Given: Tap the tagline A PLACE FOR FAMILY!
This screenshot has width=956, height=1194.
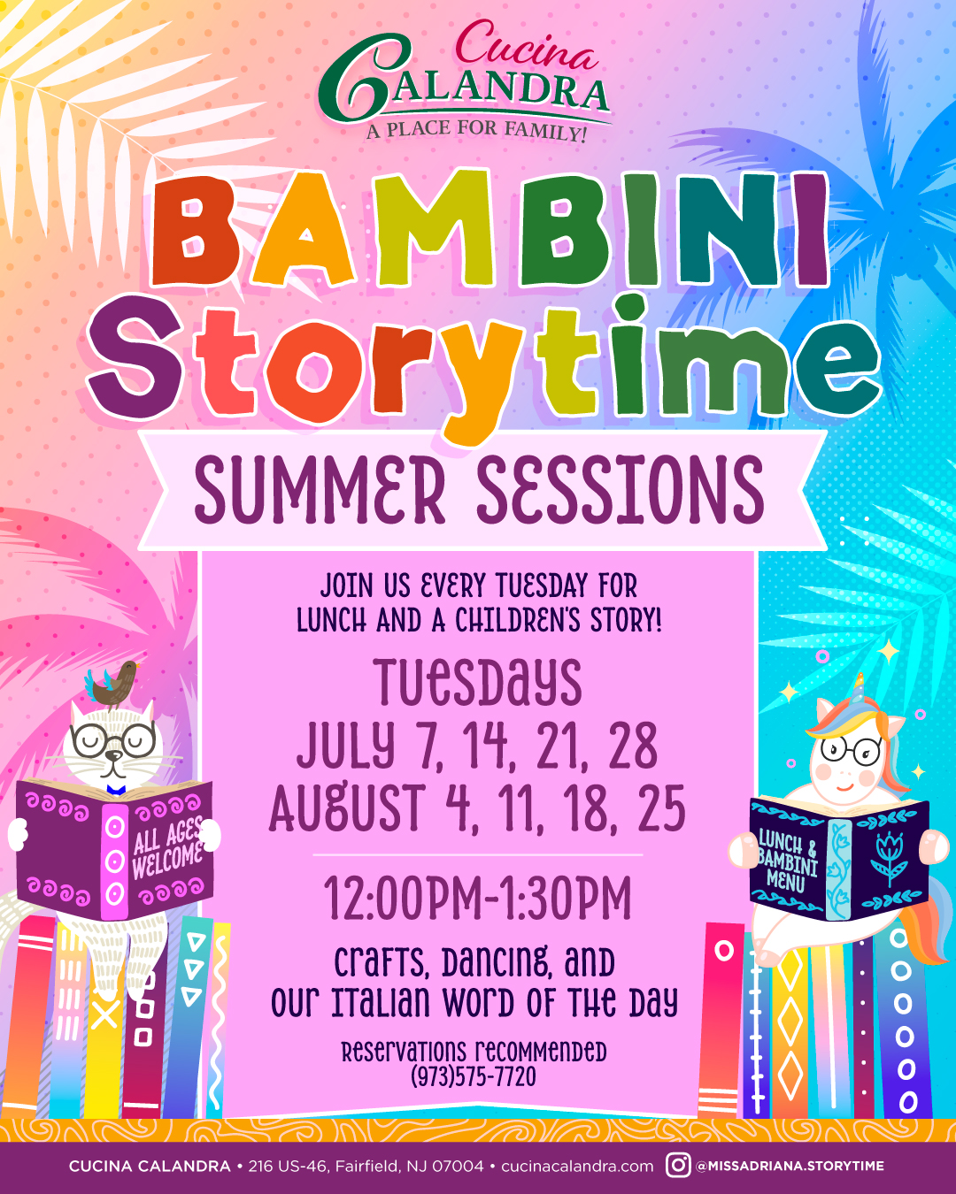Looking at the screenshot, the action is tap(476, 132).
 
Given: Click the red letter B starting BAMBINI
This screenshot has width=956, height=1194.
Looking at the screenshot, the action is tap(195, 232).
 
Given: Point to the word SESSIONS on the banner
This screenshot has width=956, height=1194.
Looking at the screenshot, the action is tap(621, 490).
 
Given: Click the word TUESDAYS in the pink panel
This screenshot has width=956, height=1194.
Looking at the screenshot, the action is tap(478, 683).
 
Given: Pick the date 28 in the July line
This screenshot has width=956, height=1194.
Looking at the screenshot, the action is tap(633, 746).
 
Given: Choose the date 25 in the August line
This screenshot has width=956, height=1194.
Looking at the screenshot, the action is tap(661, 807).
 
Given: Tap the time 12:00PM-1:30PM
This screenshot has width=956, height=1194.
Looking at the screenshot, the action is tap(478, 899).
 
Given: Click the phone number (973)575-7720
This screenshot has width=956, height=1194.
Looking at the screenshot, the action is tap(474, 1077).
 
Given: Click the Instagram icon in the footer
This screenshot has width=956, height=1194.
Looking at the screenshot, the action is tap(678, 1165).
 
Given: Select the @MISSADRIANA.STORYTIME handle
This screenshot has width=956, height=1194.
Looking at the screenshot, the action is tap(790, 1166).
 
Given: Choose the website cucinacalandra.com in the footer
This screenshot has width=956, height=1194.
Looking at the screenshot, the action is tap(577, 1167).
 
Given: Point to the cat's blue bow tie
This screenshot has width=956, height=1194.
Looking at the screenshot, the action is tap(116, 790).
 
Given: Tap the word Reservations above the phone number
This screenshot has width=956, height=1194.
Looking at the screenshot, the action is tap(404, 1052).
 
